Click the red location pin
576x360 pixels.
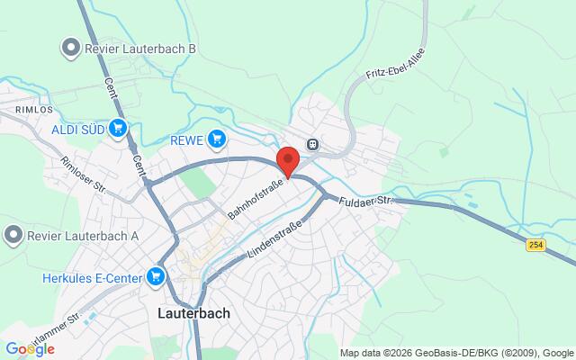[288, 160]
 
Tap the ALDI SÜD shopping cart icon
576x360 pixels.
[117, 129]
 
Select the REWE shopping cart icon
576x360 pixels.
[216, 139]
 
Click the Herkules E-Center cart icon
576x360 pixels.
[157, 275]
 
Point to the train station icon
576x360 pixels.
[312, 143]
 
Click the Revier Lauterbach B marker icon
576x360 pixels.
[67, 47]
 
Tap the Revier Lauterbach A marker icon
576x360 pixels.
[13, 236]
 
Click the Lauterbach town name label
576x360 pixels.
[193, 313]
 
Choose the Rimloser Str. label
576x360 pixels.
[83, 175]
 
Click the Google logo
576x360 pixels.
[29, 349]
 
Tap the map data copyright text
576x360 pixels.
[456, 352]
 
